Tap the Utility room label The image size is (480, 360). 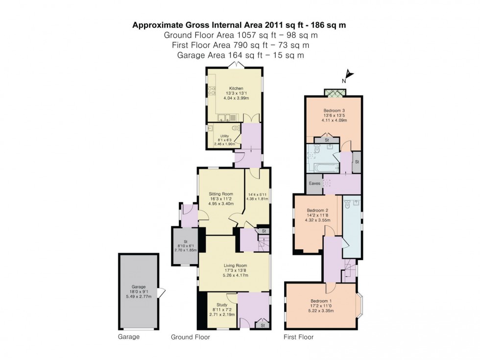(225, 136)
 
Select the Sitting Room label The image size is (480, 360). (220, 194)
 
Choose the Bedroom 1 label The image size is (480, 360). (321, 301)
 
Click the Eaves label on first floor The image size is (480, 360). (314, 183)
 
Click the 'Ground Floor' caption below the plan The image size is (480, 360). (191, 337)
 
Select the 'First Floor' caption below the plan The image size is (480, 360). (299, 337)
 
